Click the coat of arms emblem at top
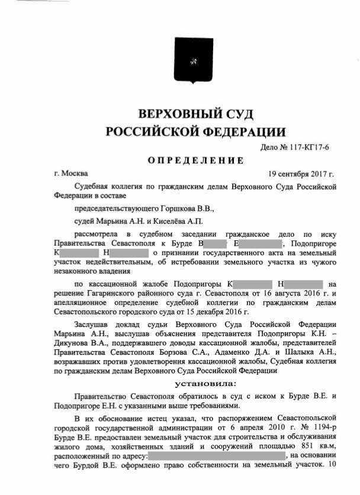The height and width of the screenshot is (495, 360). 193,61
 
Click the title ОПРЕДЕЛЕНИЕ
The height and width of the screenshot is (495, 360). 195,160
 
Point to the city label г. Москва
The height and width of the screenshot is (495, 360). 70,173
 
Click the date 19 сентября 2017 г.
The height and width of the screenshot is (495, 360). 301,173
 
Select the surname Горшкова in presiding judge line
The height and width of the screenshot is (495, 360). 177,209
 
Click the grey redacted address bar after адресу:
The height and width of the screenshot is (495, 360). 216,455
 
